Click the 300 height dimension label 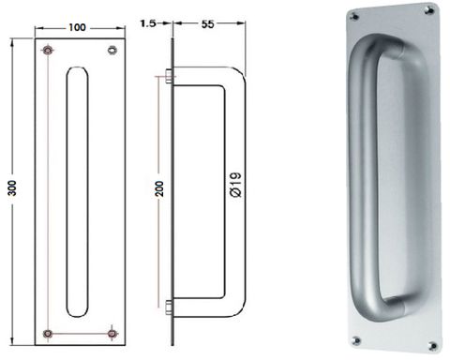coord(10,188)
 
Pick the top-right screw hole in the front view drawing coord(112,49)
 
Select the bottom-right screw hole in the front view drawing coord(112,332)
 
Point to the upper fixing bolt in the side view coord(167,79)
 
